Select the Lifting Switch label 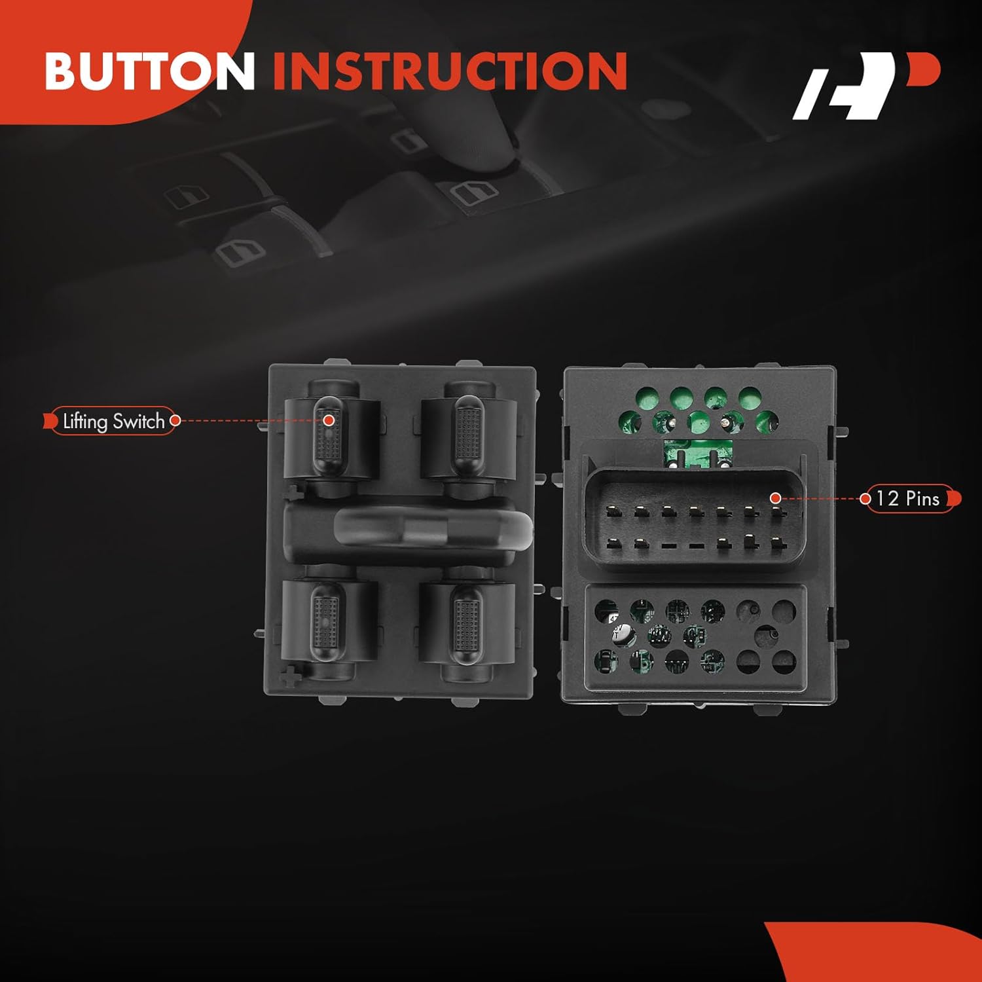click(x=113, y=421)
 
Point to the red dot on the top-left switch click(x=329, y=420)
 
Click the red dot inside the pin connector click(x=775, y=498)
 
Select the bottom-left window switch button click(x=325, y=622)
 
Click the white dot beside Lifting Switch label click(x=175, y=421)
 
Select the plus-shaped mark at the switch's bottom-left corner click(x=290, y=676)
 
